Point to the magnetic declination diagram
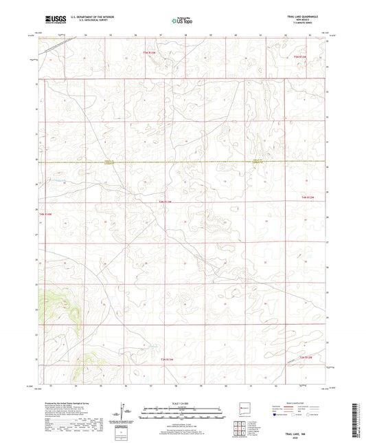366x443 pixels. (x=124, y=411)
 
